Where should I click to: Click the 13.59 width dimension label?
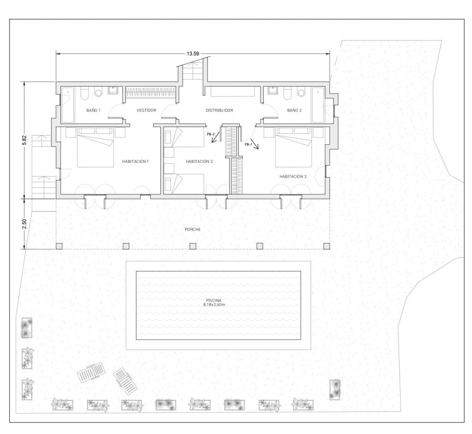coord(193,54)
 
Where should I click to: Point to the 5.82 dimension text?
coord(24,140)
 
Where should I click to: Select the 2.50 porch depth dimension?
coord(24,224)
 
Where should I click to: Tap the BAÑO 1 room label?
coord(94,111)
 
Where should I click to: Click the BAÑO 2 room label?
coord(294,111)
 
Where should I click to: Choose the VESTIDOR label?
coord(147,111)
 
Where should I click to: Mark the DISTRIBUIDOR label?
coord(219,111)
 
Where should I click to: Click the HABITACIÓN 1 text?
coord(136,161)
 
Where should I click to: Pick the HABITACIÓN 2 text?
coord(199,161)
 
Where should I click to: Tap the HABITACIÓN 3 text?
coord(293,177)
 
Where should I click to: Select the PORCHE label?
coord(193,229)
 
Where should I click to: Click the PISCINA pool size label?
coord(218,303)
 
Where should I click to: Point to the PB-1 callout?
coord(248,144)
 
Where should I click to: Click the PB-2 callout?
coord(211,134)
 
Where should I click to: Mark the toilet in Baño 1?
coord(84,93)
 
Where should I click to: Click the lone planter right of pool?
coord(335,390)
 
